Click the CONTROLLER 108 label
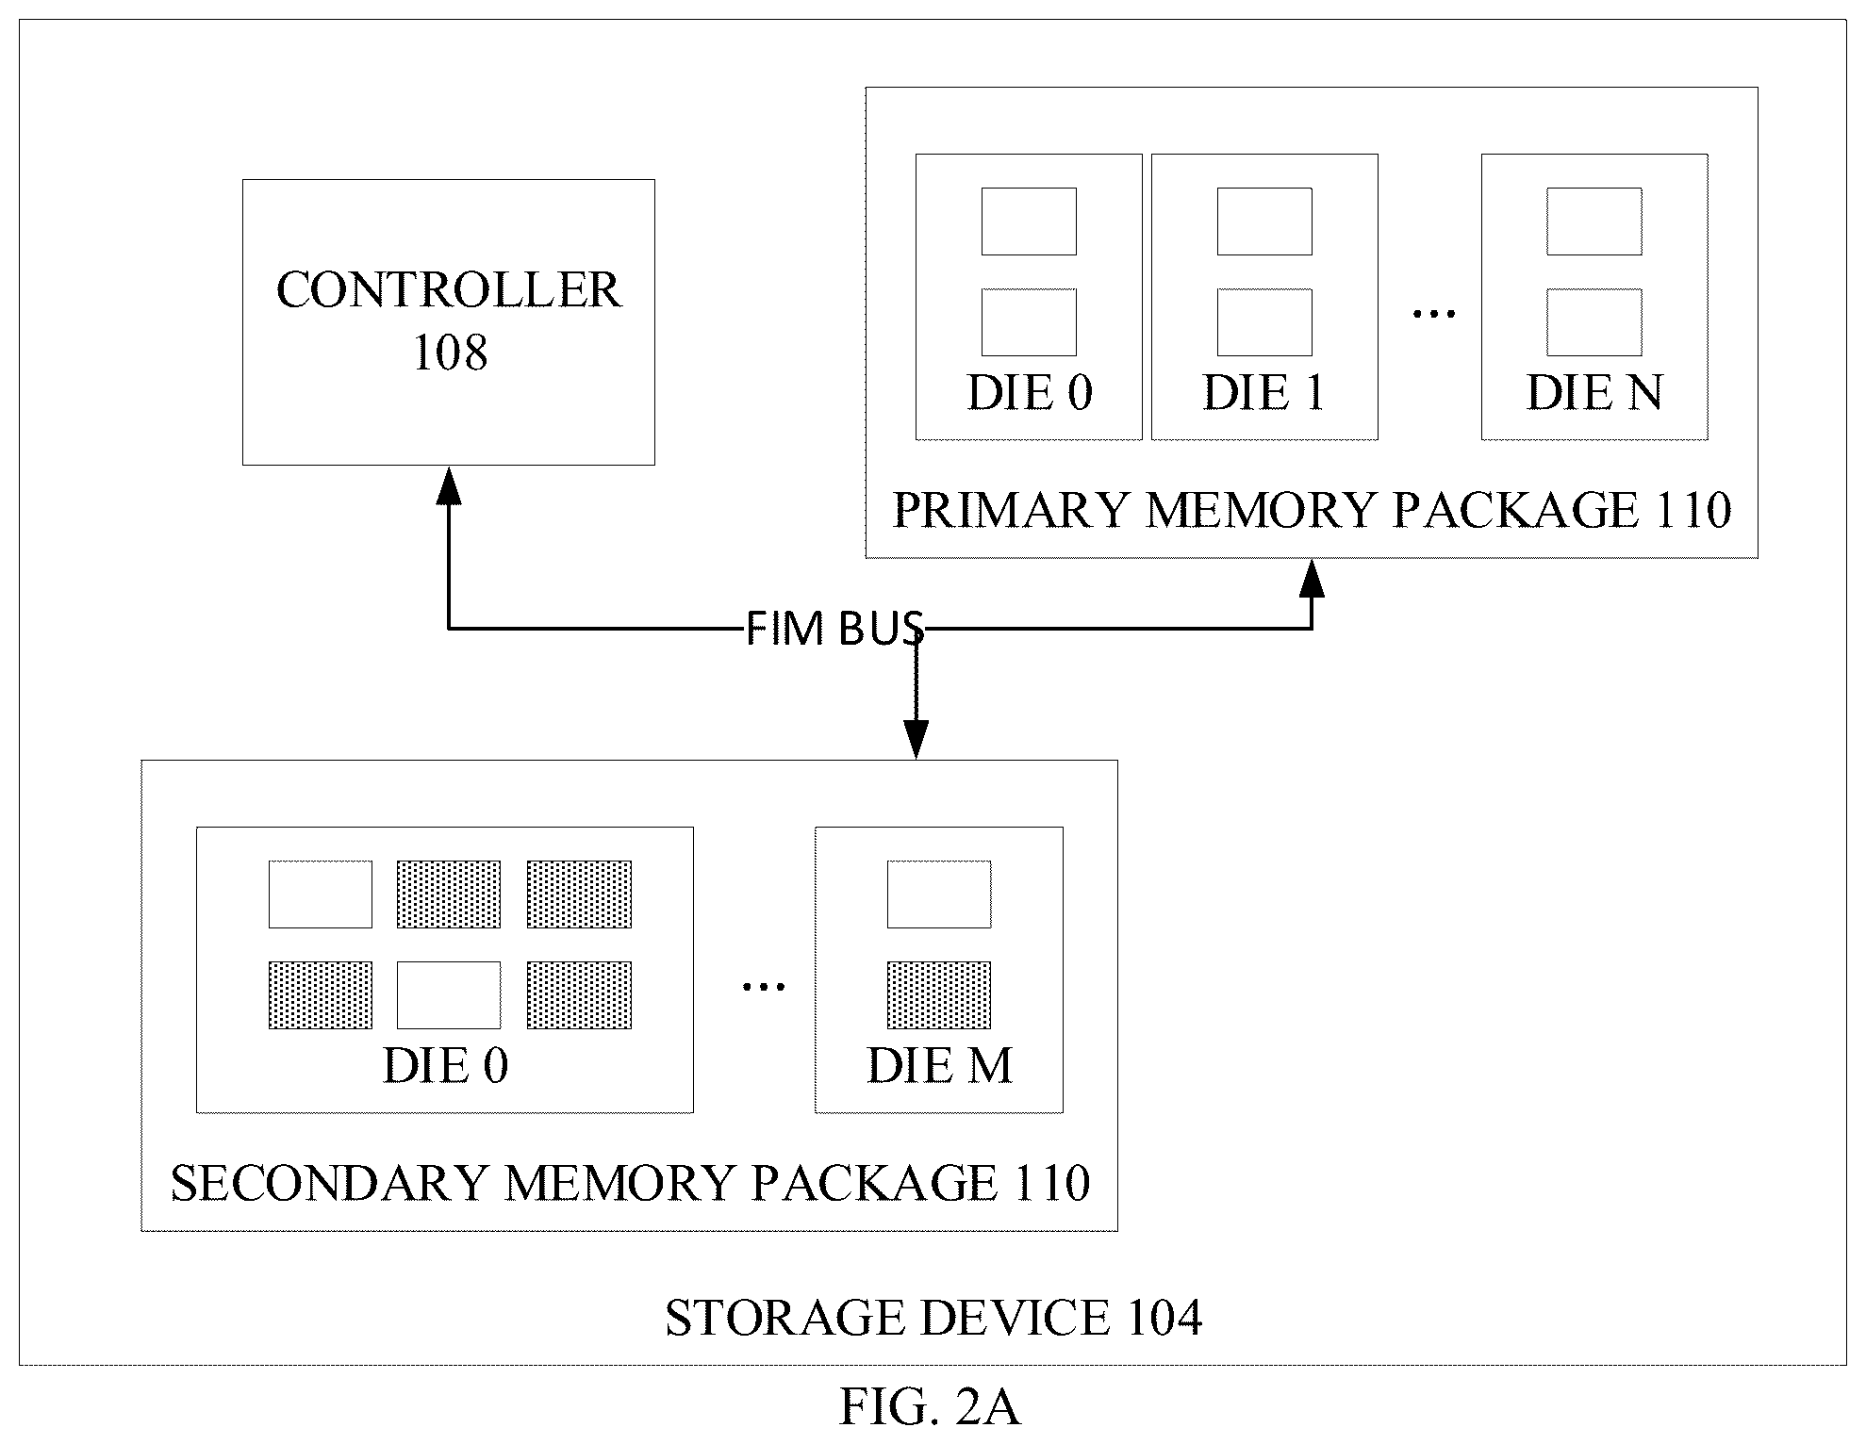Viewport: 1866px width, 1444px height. (449, 320)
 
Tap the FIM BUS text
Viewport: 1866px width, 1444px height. (834, 629)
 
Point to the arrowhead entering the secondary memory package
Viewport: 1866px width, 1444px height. (916, 739)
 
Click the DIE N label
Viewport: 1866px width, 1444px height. (1594, 392)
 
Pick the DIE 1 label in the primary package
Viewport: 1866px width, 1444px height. (1264, 392)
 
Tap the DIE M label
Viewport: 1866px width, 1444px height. (939, 1066)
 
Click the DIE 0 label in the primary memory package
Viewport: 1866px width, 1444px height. (1030, 392)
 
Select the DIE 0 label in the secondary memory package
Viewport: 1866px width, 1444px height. (445, 1066)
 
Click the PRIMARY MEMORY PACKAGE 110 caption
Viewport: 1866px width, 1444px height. (1312, 510)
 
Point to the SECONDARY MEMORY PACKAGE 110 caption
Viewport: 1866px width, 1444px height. (630, 1183)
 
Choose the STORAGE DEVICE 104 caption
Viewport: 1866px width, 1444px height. (933, 1318)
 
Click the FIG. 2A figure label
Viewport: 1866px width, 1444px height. (930, 1407)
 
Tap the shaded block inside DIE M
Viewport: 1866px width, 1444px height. (939, 994)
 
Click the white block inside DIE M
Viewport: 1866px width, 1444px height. (939, 894)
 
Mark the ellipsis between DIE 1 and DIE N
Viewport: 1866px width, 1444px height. (1433, 313)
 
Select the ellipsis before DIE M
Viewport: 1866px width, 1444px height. (763, 987)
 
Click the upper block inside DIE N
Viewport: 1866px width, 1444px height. (1594, 222)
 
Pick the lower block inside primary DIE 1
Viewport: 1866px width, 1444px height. (1264, 322)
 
